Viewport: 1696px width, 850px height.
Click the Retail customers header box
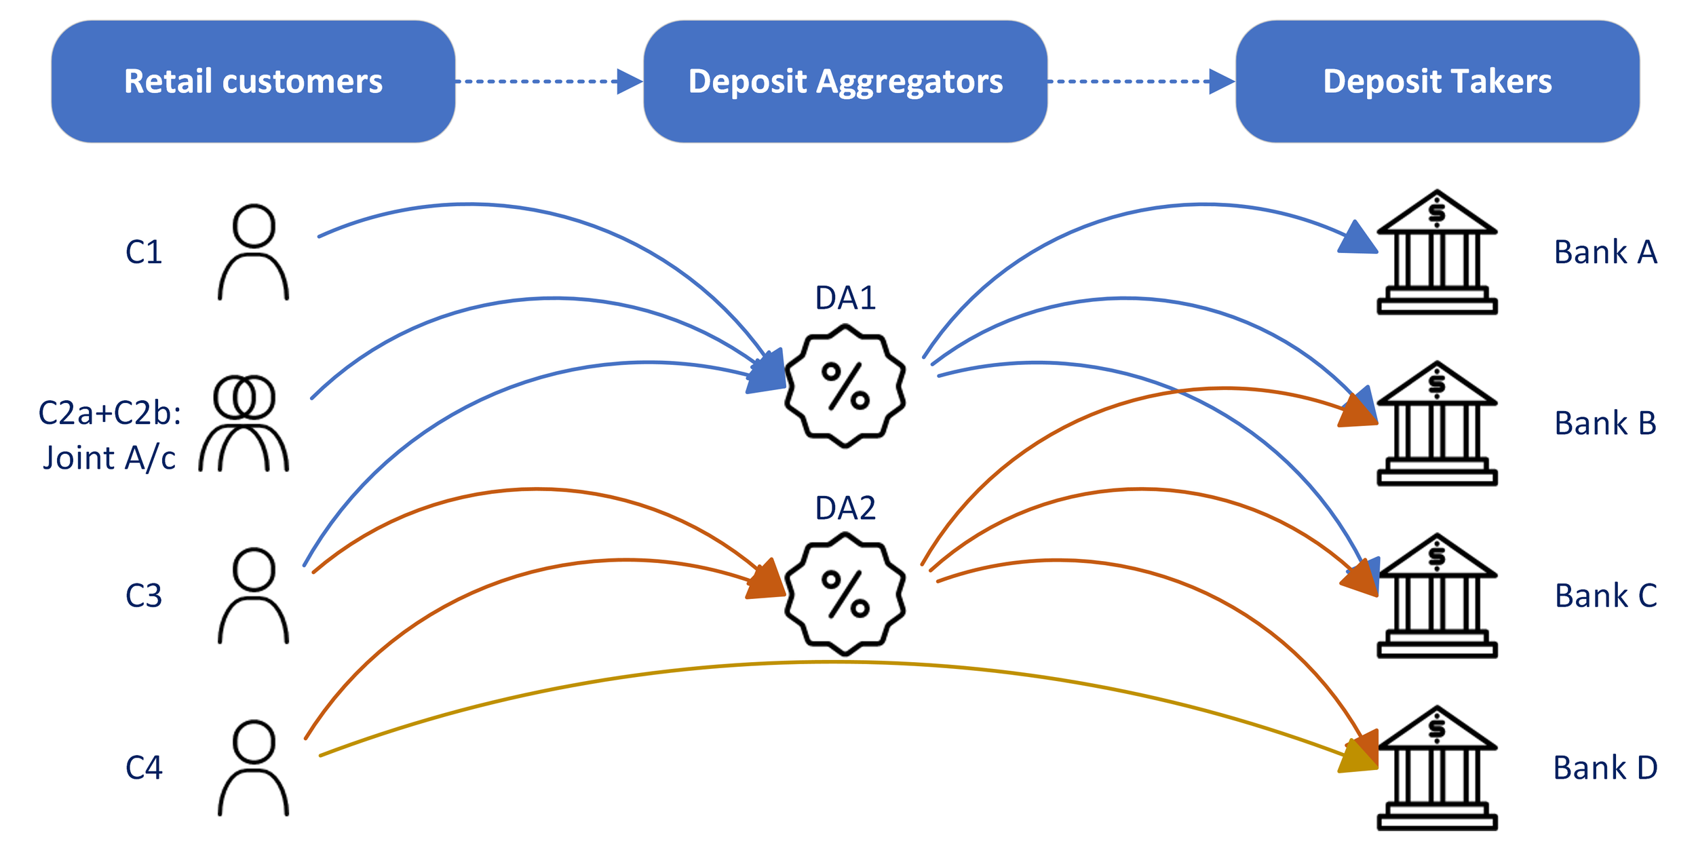pos(253,81)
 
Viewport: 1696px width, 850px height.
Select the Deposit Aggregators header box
pos(845,81)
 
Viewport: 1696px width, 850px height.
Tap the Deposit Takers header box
pos(1437,81)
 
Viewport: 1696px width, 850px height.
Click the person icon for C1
pos(253,252)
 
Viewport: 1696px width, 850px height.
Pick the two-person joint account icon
pos(244,423)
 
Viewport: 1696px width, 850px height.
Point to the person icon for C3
pos(253,596)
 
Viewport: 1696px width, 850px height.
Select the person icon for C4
pos(253,768)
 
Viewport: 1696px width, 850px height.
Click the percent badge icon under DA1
pos(845,386)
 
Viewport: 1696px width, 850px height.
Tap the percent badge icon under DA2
pos(845,594)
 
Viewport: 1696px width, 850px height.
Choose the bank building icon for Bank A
pos(1437,252)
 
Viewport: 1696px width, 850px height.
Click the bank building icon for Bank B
pos(1437,423)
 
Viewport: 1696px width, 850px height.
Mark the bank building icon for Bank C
pos(1437,596)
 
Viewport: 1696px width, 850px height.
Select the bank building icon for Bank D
pos(1437,768)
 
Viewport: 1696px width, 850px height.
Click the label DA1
pos(845,298)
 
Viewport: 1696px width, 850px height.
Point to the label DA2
pos(845,508)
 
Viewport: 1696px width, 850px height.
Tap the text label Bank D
pos(1605,768)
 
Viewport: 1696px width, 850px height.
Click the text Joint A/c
pos(109,458)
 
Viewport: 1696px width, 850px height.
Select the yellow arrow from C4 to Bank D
pos(828,662)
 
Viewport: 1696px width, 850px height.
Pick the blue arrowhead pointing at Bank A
pos(1359,239)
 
